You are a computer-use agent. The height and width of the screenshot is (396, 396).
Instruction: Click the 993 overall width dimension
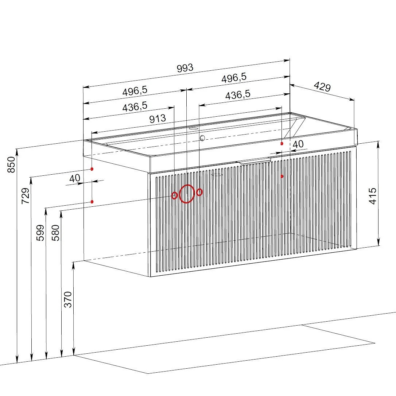(x=185, y=68)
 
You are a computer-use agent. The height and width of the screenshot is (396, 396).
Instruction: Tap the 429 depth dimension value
(x=322, y=87)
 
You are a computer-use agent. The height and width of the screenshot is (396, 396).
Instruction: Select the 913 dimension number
(x=158, y=119)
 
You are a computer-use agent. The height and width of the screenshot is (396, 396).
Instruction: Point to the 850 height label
(x=11, y=165)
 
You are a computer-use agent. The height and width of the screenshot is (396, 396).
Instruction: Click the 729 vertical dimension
(x=26, y=196)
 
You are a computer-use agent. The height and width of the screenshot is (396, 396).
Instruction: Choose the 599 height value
(x=40, y=233)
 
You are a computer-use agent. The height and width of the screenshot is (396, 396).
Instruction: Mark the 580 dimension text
(x=55, y=233)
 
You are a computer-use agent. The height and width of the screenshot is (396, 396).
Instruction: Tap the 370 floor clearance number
(x=68, y=299)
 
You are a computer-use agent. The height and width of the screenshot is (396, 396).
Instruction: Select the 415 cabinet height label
(x=373, y=196)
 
